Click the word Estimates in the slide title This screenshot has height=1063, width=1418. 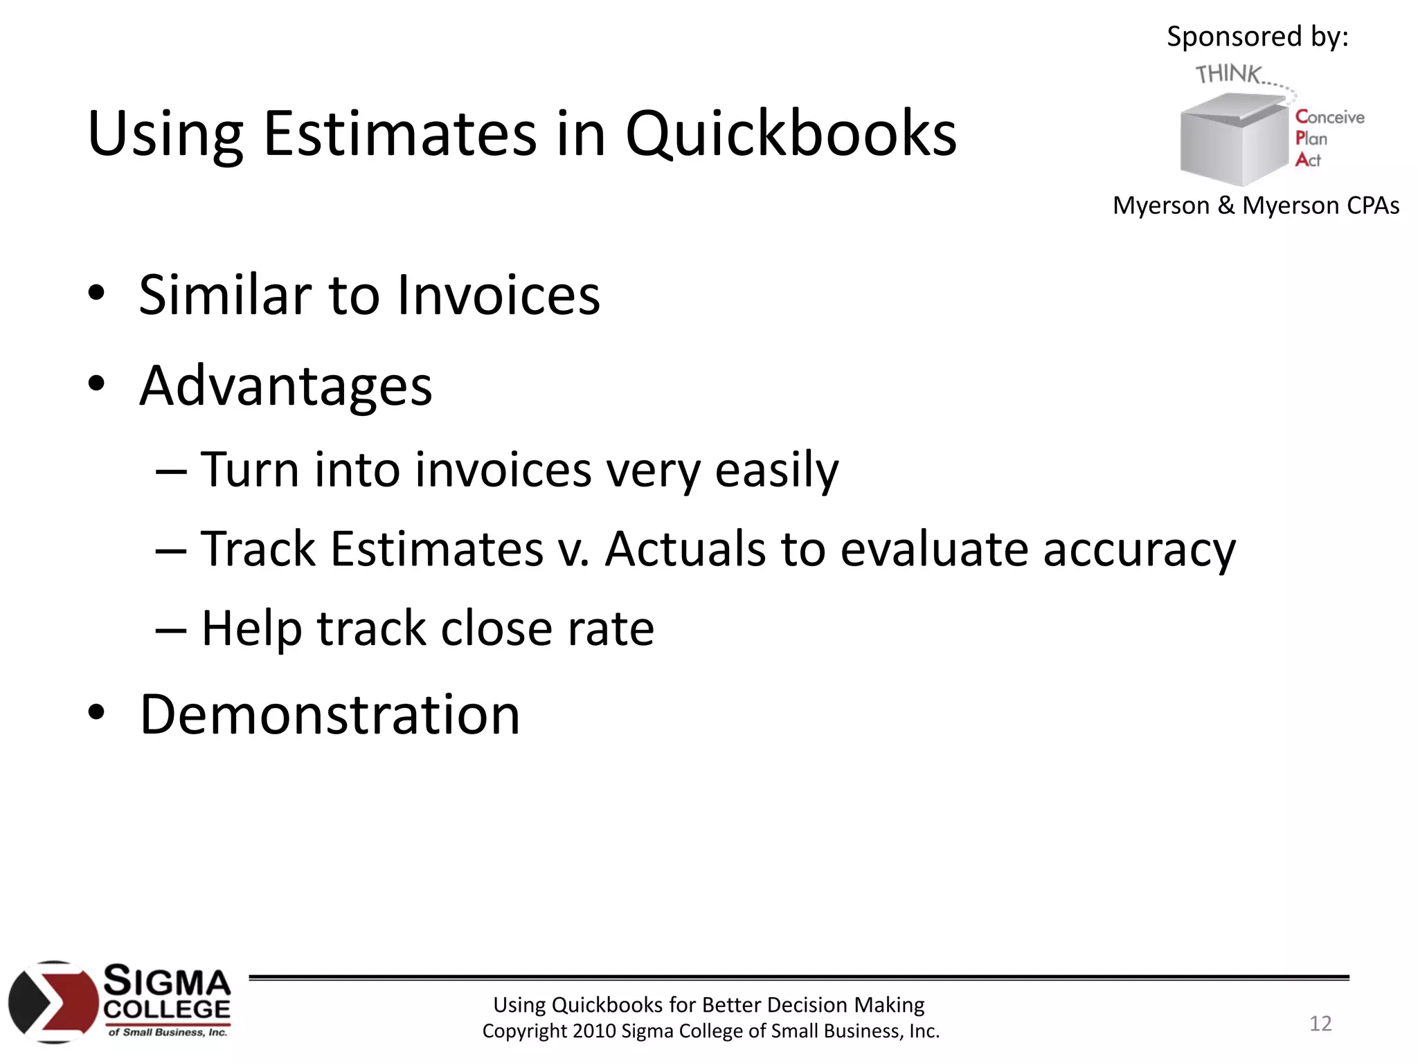point(400,134)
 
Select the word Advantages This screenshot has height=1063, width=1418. point(286,387)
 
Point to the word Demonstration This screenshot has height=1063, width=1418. point(330,715)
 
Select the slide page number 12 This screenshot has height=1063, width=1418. point(1320,1024)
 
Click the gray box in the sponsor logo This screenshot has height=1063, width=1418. point(1232,142)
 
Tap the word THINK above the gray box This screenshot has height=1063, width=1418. point(1228,73)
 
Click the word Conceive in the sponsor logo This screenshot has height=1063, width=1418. point(1329,118)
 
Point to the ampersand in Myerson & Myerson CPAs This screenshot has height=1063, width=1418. point(1226,206)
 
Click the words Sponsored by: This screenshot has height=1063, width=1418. point(1257,37)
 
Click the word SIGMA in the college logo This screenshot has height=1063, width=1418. point(167,981)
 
